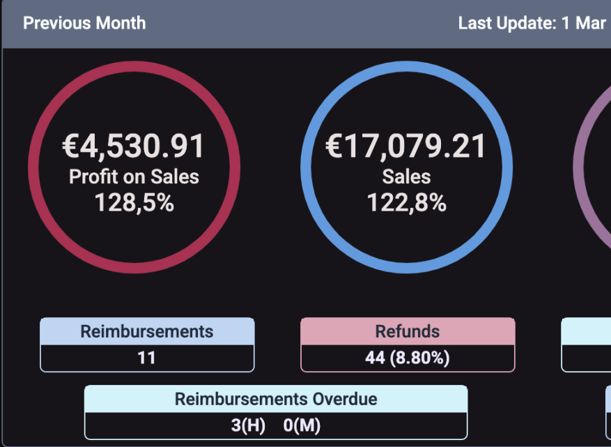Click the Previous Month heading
[84, 23]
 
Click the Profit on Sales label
[134, 177]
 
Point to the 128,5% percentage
[134, 203]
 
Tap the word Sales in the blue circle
[406, 177]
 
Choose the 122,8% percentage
[406, 203]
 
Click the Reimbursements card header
[147, 331]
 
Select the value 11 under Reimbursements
[147, 358]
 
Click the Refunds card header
[408, 331]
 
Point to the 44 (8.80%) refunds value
[408, 358]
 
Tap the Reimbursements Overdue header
[276, 400]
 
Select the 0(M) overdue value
[302, 425]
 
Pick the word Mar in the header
[591, 23]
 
